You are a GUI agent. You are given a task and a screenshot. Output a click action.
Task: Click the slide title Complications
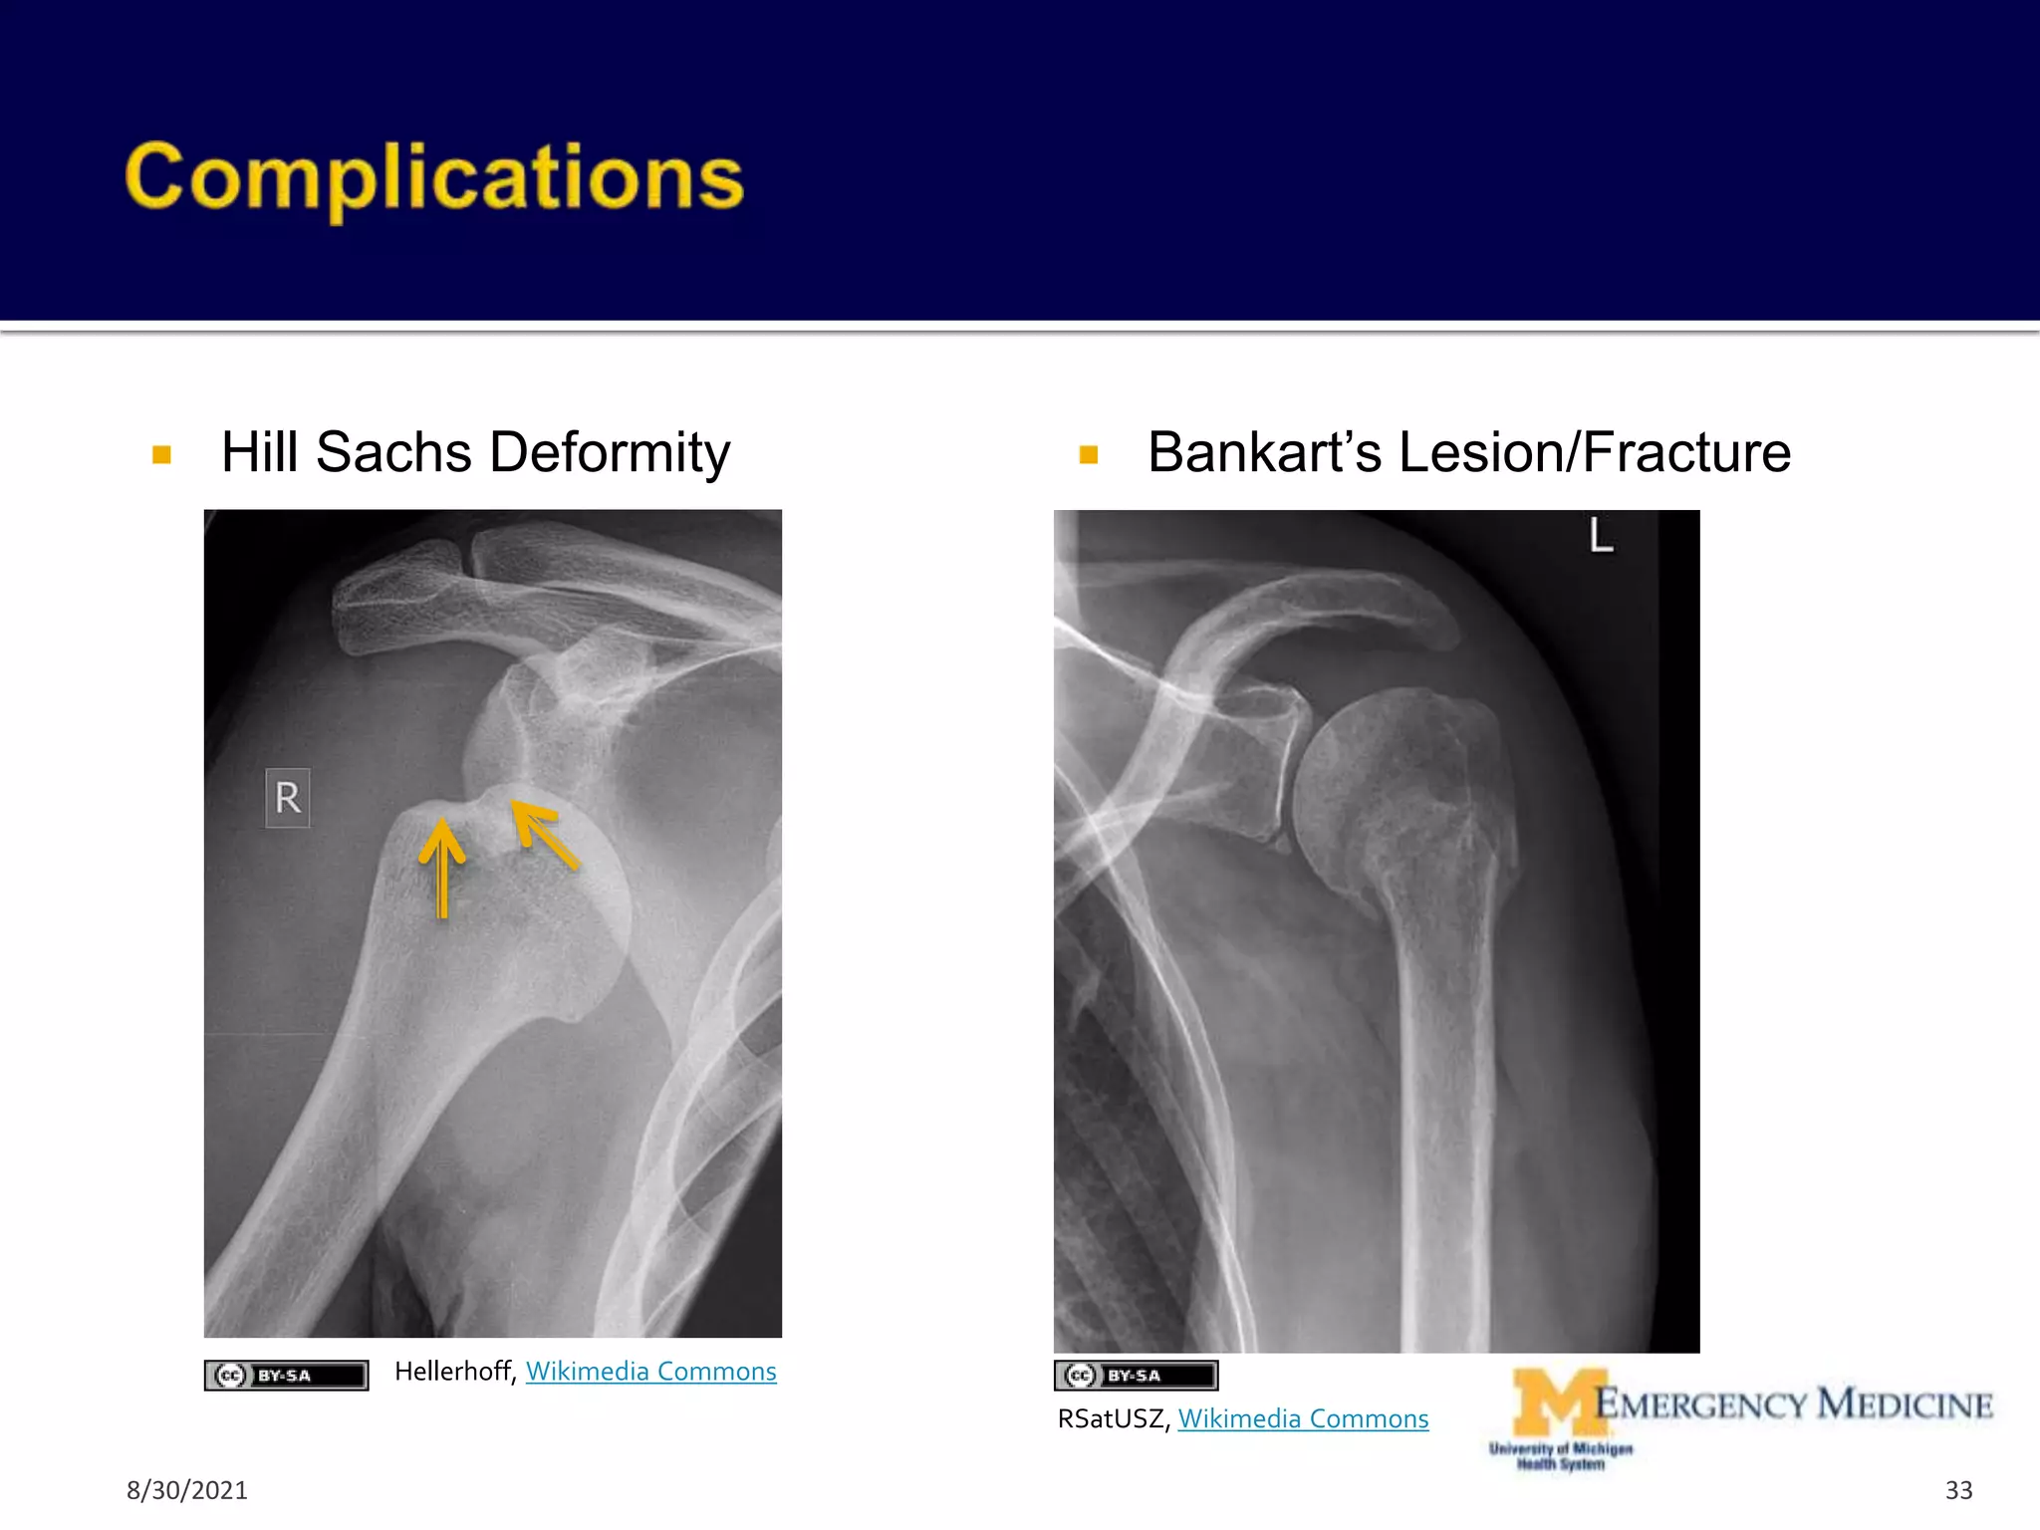click(x=434, y=177)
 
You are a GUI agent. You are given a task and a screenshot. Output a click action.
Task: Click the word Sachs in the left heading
click(x=393, y=453)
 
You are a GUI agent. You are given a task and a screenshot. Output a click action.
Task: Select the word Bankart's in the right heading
click(x=1264, y=453)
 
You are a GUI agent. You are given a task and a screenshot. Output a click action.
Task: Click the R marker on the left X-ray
click(x=288, y=798)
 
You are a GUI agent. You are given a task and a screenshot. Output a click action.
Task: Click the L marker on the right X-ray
click(x=1601, y=536)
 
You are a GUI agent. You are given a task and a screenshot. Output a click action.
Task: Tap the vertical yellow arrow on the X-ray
click(x=441, y=867)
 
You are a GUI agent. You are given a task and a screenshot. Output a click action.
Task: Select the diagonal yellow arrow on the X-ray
click(x=544, y=835)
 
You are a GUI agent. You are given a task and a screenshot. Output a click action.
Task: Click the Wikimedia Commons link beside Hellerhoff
click(x=650, y=1372)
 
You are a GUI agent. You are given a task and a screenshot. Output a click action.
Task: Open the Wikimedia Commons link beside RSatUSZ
click(x=1303, y=1418)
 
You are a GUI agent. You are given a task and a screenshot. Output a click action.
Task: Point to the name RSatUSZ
click(x=1113, y=1418)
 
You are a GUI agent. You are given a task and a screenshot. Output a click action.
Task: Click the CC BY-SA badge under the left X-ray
click(x=286, y=1376)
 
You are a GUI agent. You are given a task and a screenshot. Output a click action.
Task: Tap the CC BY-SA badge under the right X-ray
click(x=1136, y=1376)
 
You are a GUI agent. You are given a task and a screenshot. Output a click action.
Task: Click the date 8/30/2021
click(x=187, y=1490)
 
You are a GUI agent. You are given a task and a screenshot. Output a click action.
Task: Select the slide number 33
click(x=1958, y=1490)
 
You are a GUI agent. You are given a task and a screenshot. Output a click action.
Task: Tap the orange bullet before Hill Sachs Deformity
click(x=161, y=455)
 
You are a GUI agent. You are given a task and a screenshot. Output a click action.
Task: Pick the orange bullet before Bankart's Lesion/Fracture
click(x=1088, y=455)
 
